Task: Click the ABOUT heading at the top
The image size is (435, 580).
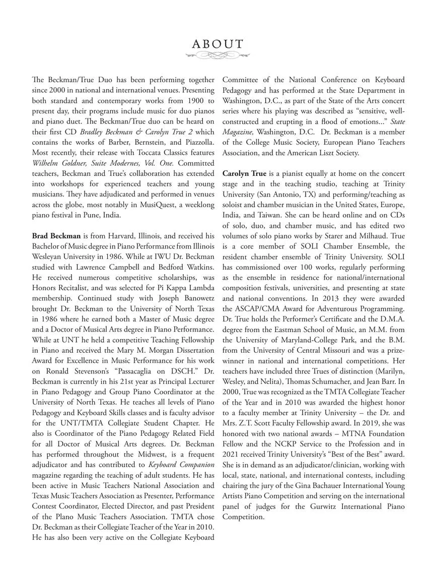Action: point(217,44)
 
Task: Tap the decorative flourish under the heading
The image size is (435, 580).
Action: point(217,56)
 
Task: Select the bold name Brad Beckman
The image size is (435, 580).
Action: point(56,235)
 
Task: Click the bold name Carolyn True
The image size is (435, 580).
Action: point(244,173)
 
